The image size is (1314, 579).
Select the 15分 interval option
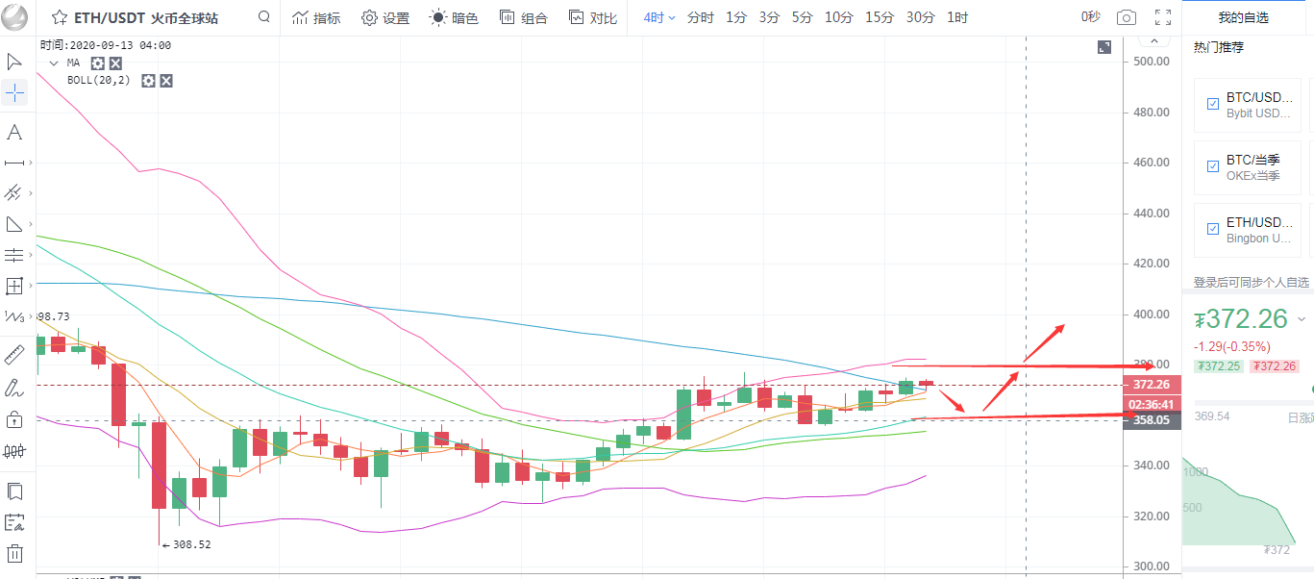pyautogui.click(x=879, y=17)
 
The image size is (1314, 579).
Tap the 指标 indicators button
pyautogui.click(x=316, y=17)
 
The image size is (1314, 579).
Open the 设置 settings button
pyautogui.click(x=385, y=17)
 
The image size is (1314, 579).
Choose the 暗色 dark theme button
pyautogui.click(x=454, y=17)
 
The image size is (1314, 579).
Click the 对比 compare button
pyautogui.click(x=593, y=17)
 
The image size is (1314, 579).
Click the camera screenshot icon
pyautogui.click(x=1126, y=17)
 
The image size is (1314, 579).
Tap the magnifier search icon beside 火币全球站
pyautogui.click(x=264, y=17)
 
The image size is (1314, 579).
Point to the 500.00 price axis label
pyautogui.click(x=1151, y=62)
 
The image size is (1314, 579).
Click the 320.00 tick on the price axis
pyautogui.click(x=1151, y=516)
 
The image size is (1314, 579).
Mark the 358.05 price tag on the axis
pyautogui.click(x=1151, y=420)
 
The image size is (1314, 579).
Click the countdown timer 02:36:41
pyautogui.click(x=1151, y=404)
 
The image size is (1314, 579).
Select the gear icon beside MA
pyautogui.click(x=97, y=63)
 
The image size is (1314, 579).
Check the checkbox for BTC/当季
pyautogui.click(x=1212, y=166)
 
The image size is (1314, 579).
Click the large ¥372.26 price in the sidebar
pyautogui.click(x=1246, y=319)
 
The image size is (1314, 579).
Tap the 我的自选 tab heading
pyautogui.click(x=1243, y=17)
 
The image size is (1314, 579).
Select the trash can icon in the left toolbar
pyautogui.click(x=14, y=553)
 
